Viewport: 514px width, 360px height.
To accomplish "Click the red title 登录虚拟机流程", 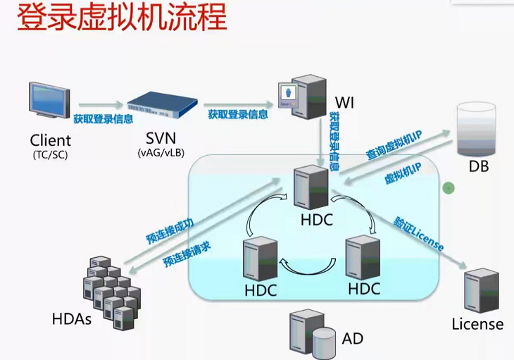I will tap(121, 18).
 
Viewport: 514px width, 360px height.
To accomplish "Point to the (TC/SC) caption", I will tap(51, 153).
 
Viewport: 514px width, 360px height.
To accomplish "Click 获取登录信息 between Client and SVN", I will tap(103, 118).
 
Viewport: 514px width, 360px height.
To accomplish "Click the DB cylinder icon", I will tap(477, 129).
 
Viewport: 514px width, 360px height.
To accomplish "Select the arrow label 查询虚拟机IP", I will tap(394, 145).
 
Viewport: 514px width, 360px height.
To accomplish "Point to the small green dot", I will tap(447, 187).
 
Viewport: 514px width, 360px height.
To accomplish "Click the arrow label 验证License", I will tap(420, 235).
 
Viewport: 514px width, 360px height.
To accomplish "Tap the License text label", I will tap(477, 324).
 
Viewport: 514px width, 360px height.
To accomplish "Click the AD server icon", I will tap(313, 332).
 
